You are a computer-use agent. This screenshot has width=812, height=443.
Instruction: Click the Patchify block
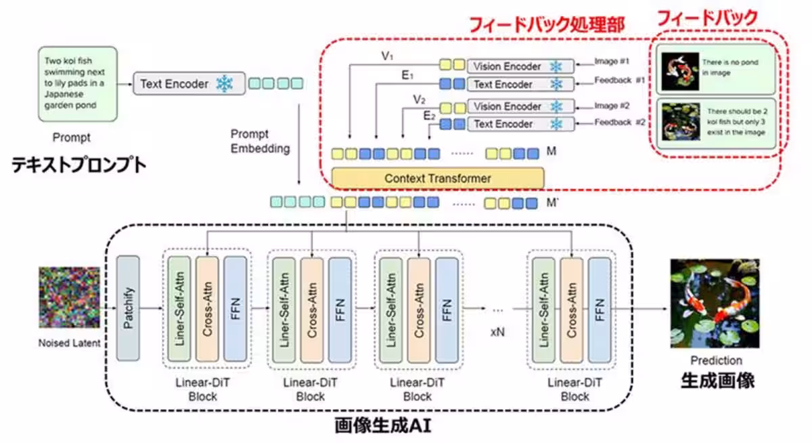click(x=128, y=308)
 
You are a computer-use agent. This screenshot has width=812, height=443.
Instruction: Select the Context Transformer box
click(x=438, y=178)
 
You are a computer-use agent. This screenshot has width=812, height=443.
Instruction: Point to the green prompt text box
click(x=77, y=83)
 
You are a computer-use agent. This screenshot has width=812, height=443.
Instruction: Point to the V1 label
click(x=387, y=56)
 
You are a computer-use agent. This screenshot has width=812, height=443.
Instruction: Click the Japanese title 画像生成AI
click(x=383, y=426)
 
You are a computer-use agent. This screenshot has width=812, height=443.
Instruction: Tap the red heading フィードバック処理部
click(x=547, y=24)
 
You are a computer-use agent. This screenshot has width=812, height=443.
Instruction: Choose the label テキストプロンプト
click(x=78, y=165)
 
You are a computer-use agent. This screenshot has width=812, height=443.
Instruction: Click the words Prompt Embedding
click(x=259, y=141)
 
